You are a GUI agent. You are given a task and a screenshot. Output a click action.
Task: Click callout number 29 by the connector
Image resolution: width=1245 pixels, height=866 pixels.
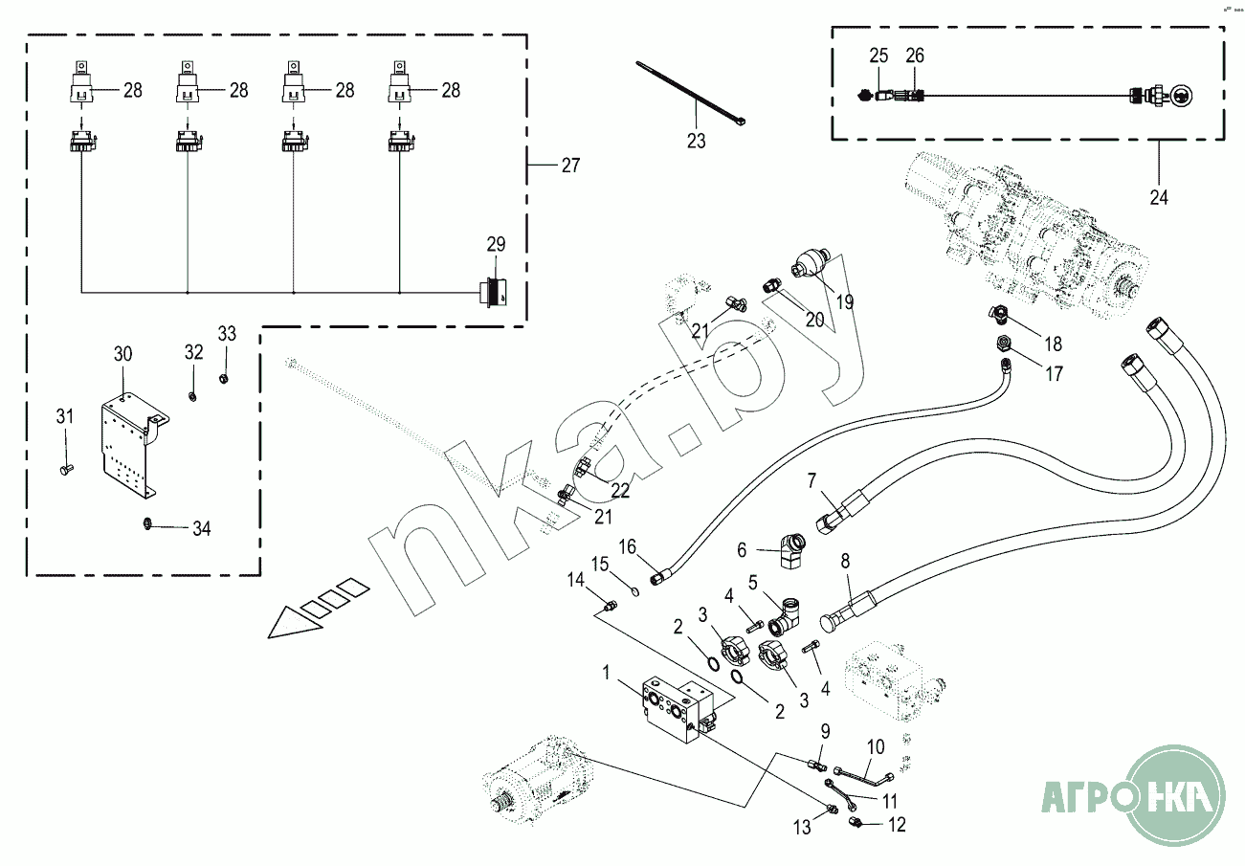pyautogui.click(x=495, y=245)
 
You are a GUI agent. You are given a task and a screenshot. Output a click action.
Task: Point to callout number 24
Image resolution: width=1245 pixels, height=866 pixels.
pyautogui.click(x=1159, y=199)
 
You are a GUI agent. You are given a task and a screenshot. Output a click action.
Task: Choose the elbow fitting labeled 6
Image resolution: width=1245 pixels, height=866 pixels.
pyautogui.click(x=790, y=550)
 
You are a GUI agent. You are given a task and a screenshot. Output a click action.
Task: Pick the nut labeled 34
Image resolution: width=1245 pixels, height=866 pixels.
pyautogui.click(x=148, y=523)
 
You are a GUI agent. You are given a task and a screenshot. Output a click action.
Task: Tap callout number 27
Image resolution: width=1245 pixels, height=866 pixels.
pyautogui.click(x=570, y=166)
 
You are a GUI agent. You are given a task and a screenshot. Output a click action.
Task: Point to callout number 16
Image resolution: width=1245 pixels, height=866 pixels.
pyautogui.click(x=626, y=547)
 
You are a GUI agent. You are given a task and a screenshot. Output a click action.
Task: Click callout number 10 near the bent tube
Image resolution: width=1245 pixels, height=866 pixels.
pyautogui.click(x=876, y=746)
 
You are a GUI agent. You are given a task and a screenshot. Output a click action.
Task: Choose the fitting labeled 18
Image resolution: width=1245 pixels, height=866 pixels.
pyautogui.click(x=997, y=315)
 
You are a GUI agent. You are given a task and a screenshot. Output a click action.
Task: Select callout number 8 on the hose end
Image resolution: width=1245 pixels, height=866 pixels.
pyautogui.click(x=844, y=561)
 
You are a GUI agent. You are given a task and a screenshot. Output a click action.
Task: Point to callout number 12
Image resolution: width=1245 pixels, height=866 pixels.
pyautogui.click(x=896, y=824)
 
